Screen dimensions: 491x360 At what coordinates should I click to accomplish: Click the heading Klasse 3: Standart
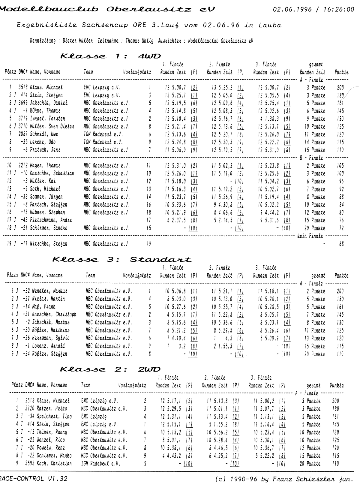click(122, 259)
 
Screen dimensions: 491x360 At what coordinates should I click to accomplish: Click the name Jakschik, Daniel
click(49, 103)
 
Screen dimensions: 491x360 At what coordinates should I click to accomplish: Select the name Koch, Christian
click(54, 463)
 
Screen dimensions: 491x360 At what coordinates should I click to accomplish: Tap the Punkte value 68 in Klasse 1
click(341, 244)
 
